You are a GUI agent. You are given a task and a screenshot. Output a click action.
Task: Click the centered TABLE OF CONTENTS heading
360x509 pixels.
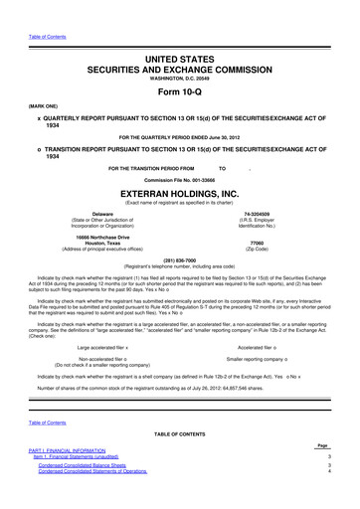tap(179, 462)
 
